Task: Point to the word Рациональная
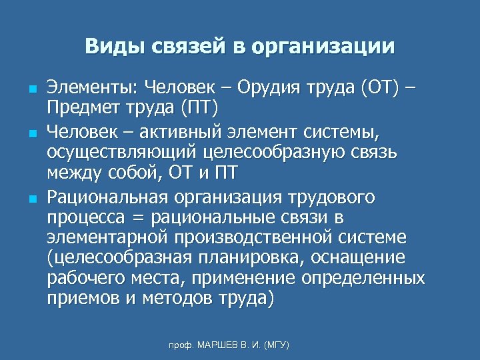[x=107, y=197]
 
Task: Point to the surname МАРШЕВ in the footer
[x=217, y=345]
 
